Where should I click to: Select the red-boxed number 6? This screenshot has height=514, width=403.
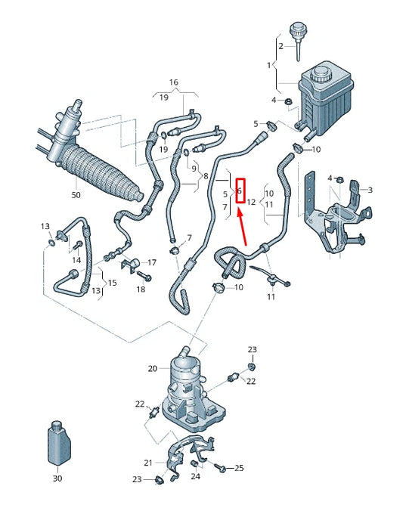click(240, 191)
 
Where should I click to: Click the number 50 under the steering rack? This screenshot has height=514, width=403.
click(75, 196)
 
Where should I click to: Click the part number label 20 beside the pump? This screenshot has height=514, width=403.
click(152, 369)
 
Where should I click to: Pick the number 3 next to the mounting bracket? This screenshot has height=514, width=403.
click(369, 190)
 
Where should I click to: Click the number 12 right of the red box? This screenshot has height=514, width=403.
click(252, 203)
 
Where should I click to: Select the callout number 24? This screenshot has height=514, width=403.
click(196, 476)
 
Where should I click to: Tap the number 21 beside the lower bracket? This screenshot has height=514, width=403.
click(148, 463)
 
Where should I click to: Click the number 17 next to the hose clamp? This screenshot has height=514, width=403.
click(152, 262)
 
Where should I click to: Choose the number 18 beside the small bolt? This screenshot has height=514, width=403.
click(141, 290)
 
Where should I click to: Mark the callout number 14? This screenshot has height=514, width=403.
click(74, 260)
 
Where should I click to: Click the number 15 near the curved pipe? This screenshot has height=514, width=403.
click(112, 283)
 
